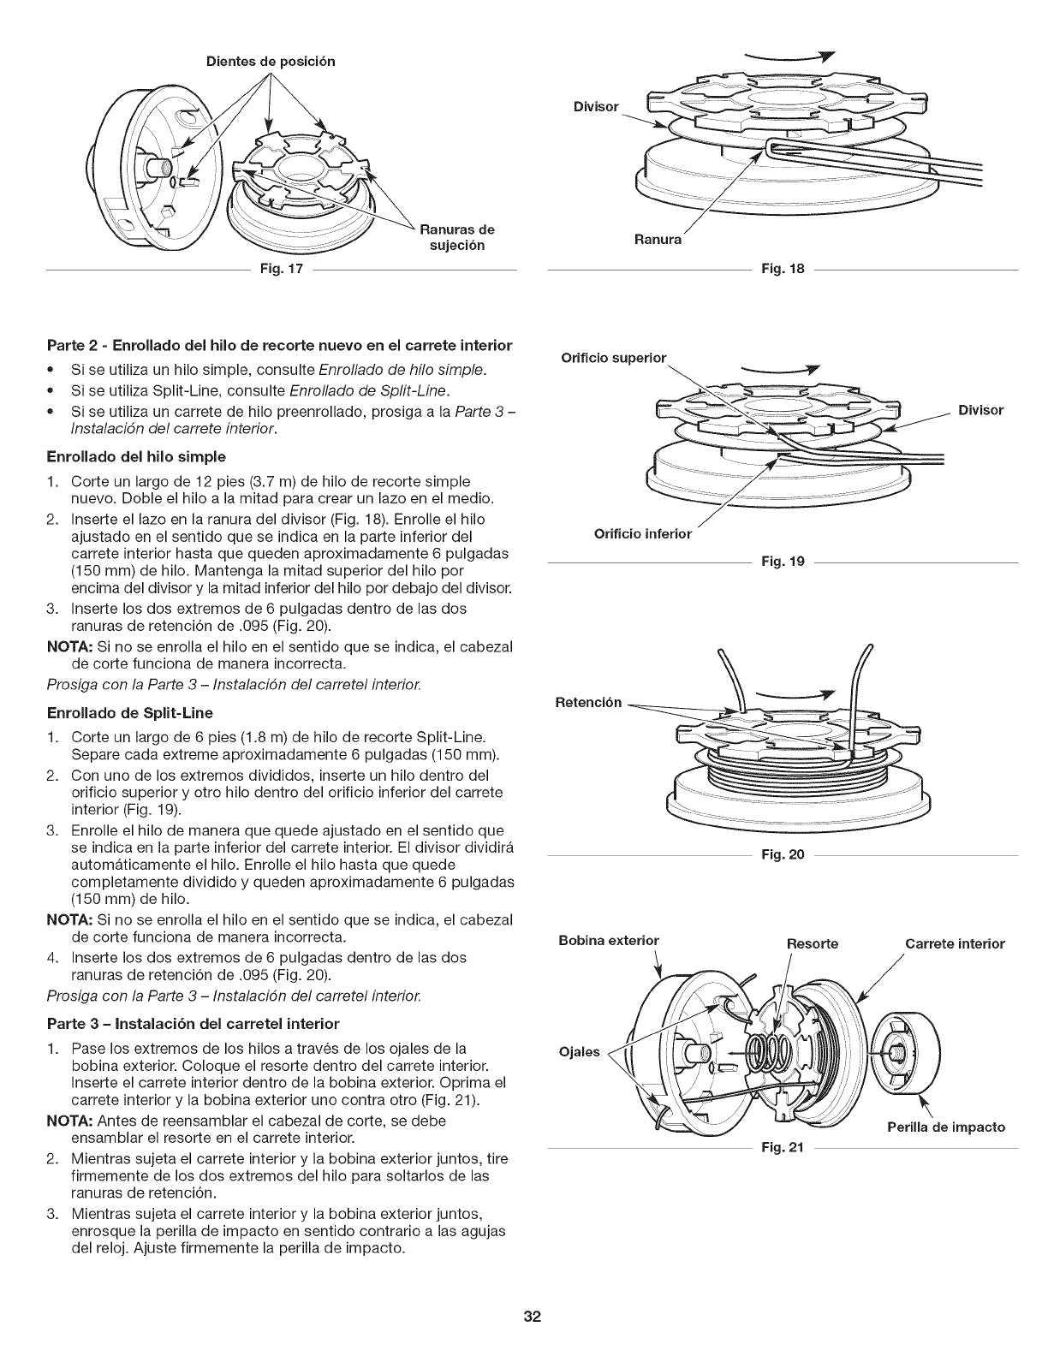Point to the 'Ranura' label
coord(658,240)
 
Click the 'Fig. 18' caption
coord(783,271)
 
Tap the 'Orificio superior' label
coord(613,358)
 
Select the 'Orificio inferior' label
coord(642,534)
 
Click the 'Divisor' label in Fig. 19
coord(980,410)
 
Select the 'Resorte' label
coord(813,943)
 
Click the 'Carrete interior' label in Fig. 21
coord(955,943)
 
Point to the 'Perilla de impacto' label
coord(946,1127)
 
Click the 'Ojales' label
coord(578,1051)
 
